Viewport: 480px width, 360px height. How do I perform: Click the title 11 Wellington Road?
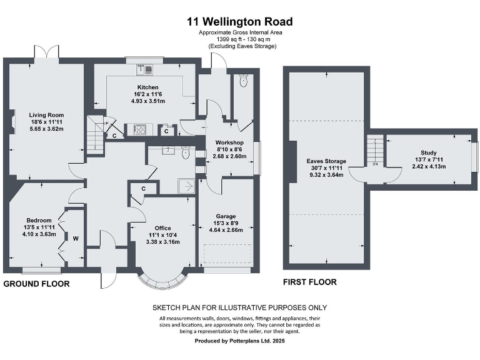pyautogui.click(x=239, y=22)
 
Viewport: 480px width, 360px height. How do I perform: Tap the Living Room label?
pyautogui.click(x=47, y=115)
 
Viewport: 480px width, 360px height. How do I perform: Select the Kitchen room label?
pyautogui.click(x=148, y=87)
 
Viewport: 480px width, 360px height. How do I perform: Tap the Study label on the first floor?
pyautogui.click(x=429, y=152)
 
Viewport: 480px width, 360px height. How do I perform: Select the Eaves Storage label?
pyautogui.click(x=326, y=161)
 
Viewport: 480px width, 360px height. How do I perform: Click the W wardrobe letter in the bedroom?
pyautogui.click(x=76, y=238)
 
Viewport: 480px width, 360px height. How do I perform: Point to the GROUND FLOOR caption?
pyautogui.click(x=36, y=284)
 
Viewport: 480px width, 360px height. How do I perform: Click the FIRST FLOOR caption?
pyautogui.click(x=310, y=282)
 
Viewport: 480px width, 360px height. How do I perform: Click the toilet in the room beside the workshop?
pyautogui.click(x=244, y=81)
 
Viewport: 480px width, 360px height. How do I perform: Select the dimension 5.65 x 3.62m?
pyautogui.click(x=47, y=129)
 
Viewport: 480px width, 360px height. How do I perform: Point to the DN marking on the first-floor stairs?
pyautogui.click(x=375, y=164)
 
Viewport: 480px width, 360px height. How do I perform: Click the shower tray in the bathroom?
pyautogui.click(x=186, y=186)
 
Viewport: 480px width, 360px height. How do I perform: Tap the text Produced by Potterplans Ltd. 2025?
pyautogui.click(x=239, y=341)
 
